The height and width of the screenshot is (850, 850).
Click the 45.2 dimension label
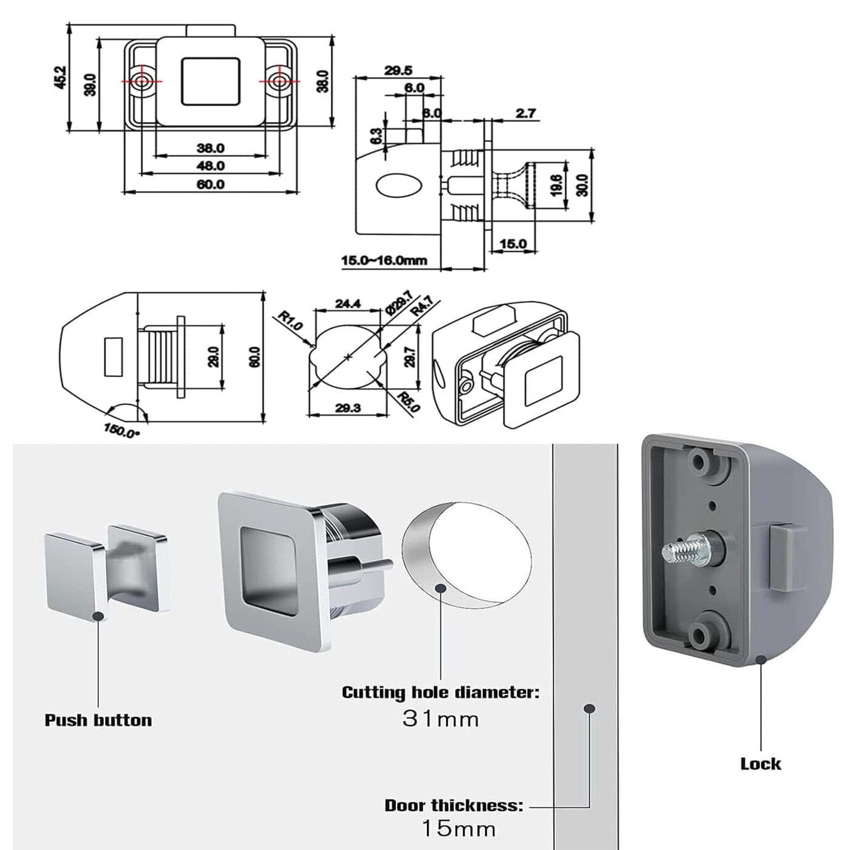coord(60,77)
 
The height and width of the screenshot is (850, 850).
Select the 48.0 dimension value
coord(210,166)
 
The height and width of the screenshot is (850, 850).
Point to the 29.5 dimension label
coord(398,70)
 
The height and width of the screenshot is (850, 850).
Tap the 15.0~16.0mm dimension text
coord(384,260)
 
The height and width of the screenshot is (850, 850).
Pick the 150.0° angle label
coord(121,431)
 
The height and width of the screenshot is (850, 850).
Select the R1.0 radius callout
coord(290,321)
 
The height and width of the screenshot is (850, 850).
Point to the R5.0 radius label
coord(408,401)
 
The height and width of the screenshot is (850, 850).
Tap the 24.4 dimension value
coord(348,303)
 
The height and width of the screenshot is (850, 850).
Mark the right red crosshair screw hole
coord(279,81)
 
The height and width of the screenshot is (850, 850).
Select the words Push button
coord(98,720)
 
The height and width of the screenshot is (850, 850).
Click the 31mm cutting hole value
coord(441,719)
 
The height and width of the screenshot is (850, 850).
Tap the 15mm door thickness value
coord(459,828)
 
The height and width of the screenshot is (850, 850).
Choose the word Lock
coord(760,764)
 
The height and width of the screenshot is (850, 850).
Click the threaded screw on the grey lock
coord(680,551)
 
